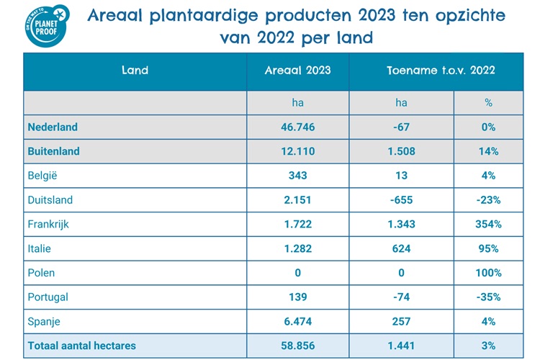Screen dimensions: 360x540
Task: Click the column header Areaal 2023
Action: point(298,70)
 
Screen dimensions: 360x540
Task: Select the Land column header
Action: point(135,70)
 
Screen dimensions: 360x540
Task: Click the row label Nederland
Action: point(53,127)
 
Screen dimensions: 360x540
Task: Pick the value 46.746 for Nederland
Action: point(298,127)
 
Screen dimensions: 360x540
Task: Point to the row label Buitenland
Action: point(53,151)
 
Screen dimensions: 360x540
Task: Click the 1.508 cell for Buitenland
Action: point(401,151)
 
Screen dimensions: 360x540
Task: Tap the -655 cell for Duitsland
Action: point(401,199)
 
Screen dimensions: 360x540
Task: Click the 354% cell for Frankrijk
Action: point(488,224)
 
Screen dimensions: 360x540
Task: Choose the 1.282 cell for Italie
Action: point(298,248)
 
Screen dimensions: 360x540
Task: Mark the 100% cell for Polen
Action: point(488,273)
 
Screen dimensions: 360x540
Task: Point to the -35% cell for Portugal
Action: point(488,297)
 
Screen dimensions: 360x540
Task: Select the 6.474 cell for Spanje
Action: point(298,321)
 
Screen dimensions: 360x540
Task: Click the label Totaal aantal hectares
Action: point(81,346)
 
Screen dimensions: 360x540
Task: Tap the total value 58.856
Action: point(298,346)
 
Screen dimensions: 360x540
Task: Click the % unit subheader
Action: point(488,103)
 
